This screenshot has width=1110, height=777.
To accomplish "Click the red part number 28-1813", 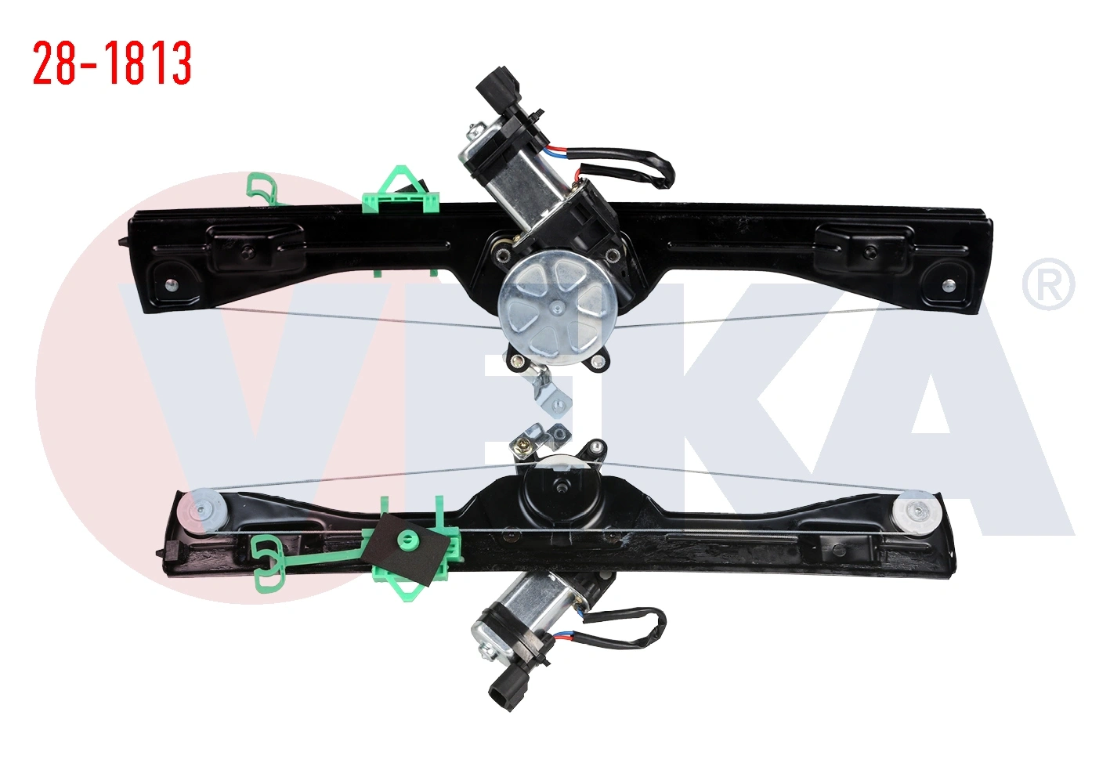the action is pyautogui.click(x=112, y=63).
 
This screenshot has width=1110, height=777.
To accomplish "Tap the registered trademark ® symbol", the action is pyautogui.click(x=1048, y=284).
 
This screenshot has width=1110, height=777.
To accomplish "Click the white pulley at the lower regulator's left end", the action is pyautogui.click(x=203, y=510).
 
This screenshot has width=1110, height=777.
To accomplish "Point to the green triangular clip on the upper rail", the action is pyautogui.click(x=401, y=191).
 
